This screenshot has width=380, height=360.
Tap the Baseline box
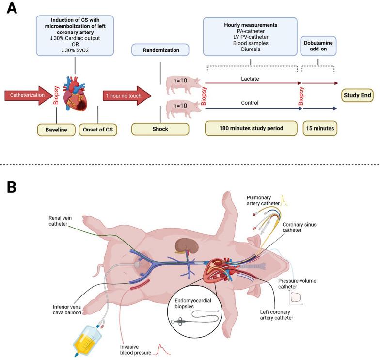tap(57, 130)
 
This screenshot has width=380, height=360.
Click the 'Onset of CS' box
tap(98, 130)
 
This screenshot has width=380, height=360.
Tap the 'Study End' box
tap(358, 96)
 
